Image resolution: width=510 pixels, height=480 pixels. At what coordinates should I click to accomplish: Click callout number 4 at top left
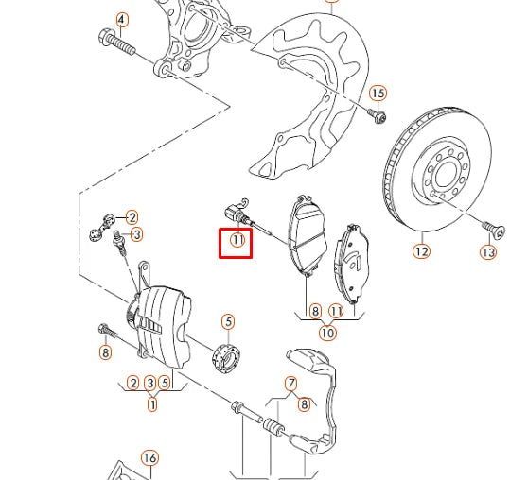pyautogui.click(x=121, y=19)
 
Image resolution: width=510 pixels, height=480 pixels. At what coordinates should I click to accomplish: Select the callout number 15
pyautogui.click(x=378, y=93)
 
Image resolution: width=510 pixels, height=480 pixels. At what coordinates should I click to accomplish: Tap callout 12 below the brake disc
pyautogui.click(x=420, y=251)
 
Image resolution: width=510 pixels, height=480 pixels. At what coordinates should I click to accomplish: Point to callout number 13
pyautogui.click(x=487, y=252)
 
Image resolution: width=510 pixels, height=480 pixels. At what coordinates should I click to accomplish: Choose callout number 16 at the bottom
pyautogui.click(x=149, y=458)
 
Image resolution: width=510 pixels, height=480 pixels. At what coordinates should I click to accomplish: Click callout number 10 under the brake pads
pyautogui.click(x=326, y=333)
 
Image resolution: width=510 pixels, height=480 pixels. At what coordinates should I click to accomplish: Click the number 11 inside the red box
pyautogui.click(x=237, y=242)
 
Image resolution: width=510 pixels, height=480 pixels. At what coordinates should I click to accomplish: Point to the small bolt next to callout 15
pyautogui.click(x=377, y=115)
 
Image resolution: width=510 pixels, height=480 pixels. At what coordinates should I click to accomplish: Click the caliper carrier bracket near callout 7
pyautogui.click(x=326, y=397)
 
